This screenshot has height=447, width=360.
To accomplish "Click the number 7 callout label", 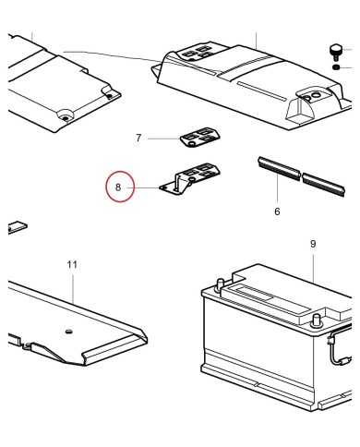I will (x=138, y=138).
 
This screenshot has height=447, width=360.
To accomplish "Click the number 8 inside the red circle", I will (x=119, y=188).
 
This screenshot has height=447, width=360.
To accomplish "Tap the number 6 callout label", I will (x=277, y=211).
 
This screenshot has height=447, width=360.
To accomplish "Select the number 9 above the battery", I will (x=313, y=244).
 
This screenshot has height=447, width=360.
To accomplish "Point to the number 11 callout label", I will (x=73, y=264).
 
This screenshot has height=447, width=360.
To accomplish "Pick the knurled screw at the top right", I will (x=338, y=50).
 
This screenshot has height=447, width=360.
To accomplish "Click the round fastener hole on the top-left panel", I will (x=66, y=116).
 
